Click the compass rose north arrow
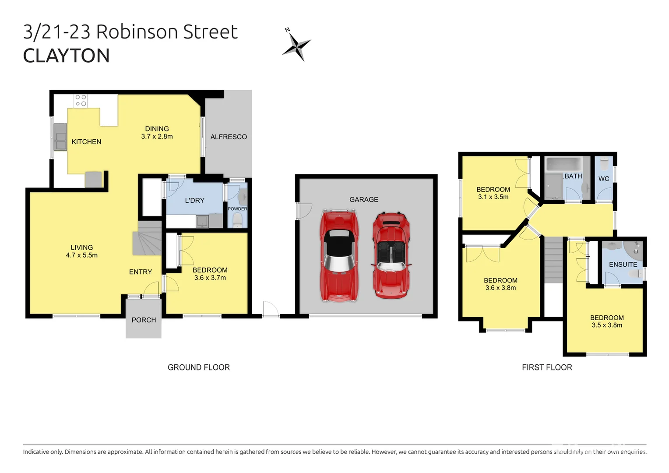(296, 45)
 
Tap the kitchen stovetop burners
(81, 100)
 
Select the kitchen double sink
(60, 137)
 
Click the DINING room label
(157, 129)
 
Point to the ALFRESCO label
(229, 137)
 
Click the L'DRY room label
(194, 201)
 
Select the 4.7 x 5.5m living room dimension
(82, 255)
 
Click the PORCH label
(144, 320)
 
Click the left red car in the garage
(338, 256)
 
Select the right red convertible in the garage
(391, 256)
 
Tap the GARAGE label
(363, 200)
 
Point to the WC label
(604, 179)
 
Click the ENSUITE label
(623, 265)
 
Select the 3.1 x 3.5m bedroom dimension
(493, 197)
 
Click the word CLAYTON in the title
(66, 56)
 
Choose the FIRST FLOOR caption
(547, 367)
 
